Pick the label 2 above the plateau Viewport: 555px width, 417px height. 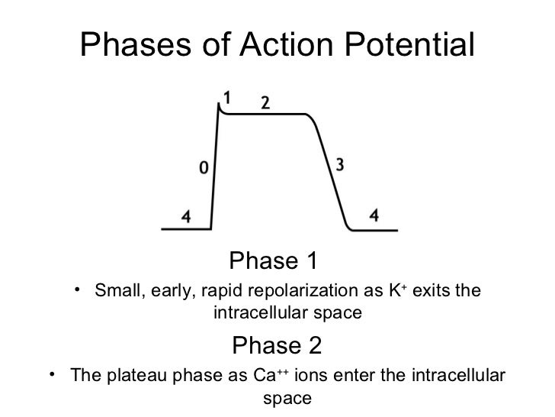click(x=265, y=103)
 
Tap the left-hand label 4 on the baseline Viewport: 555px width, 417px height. click(x=185, y=216)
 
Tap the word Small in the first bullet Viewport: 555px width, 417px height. click(x=114, y=292)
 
